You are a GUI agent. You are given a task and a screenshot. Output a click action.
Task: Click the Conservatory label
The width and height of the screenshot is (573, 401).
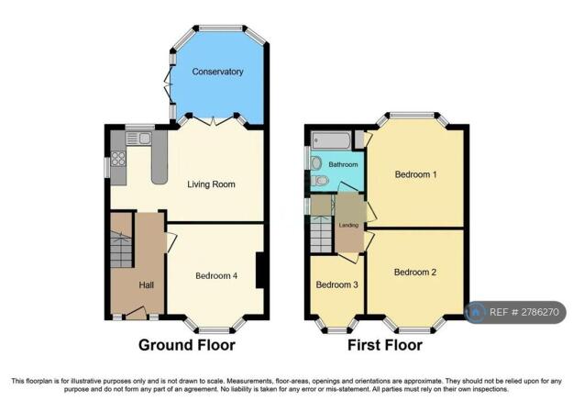coord(218,72)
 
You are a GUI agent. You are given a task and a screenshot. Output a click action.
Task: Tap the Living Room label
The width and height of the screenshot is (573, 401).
coord(212,184)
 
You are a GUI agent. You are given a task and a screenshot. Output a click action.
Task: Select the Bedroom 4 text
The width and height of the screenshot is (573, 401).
coord(216,274)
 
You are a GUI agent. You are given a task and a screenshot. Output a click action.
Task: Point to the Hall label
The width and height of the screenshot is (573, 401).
coord(146,285)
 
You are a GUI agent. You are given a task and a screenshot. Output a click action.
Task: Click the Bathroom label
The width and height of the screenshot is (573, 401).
coord(344,164)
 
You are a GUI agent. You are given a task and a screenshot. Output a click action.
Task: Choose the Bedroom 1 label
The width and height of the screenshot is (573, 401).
coord(415,173)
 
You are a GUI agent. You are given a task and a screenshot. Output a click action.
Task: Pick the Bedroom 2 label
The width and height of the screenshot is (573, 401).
coord(415,272)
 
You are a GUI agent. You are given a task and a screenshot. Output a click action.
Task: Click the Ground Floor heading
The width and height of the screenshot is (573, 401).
coord(186,346)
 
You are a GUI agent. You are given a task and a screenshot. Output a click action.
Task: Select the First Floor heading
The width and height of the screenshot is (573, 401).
coord(384,346)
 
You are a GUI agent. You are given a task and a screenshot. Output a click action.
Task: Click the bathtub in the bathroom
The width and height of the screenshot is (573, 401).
coord(332,140)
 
